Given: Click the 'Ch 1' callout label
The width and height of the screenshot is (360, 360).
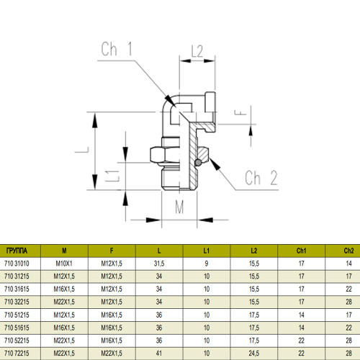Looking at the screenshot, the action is click(x=117, y=49).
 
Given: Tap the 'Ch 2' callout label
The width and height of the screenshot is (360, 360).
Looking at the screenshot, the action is click(x=261, y=178).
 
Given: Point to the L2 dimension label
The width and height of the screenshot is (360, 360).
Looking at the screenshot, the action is click(x=197, y=51).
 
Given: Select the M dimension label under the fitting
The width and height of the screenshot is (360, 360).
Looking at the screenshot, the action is click(x=179, y=207).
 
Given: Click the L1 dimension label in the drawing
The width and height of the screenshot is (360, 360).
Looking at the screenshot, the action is click(x=112, y=176).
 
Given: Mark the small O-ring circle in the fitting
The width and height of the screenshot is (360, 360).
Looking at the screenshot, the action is click(x=198, y=163).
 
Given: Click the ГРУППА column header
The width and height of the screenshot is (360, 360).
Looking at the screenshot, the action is click(x=17, y=251).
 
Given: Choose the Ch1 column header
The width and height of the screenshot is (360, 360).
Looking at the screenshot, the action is click(x=301, y=251).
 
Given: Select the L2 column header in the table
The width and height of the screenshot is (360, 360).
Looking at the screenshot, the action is click(x=254, y=251).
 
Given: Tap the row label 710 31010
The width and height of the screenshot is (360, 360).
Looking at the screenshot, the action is click(x=17, y=264).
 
